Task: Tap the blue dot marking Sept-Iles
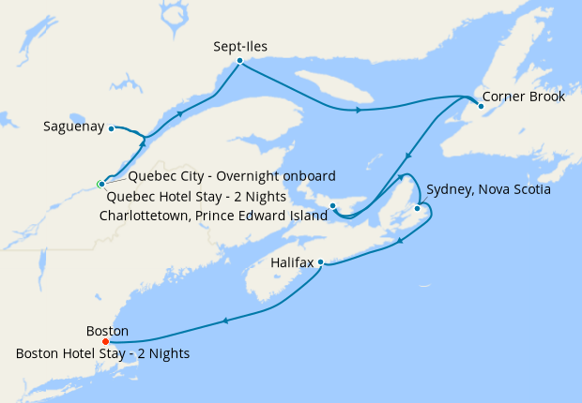click(x=240, y=61)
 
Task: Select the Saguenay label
click(x=72, y=127)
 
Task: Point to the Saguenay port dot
click(x=111, y=127)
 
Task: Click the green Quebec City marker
click(x=100, y=184)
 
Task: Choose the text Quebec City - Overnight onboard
click(x=232, y=176)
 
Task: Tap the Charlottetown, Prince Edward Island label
click(x=213, y=216)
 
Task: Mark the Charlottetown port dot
click(x=332, y=205)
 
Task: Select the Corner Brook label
click(x=524, y=97)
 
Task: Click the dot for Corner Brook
click(x=481, y=106)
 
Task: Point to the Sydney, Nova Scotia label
click(x=488, y=189)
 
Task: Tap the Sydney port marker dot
click(x=417, y=195)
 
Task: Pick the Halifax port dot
click(x=321, y=261)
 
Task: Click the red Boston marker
click(x=105, y=341)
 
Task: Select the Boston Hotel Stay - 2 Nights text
click(x=103, y=353)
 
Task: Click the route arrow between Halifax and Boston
click(x=225, y=321)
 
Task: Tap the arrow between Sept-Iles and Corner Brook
click(x=359, y=111)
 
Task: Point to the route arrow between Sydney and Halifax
click(x=402, y=241)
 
